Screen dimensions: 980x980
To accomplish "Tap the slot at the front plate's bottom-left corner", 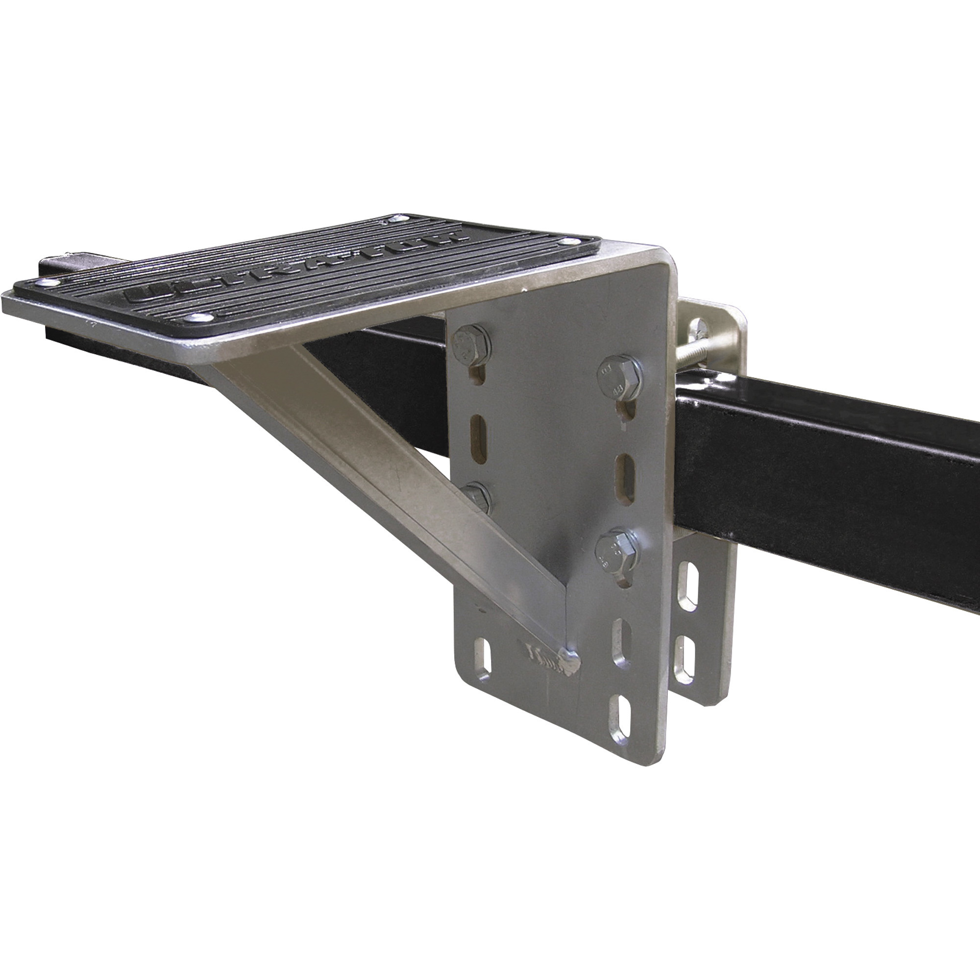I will [x=481, y=660].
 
